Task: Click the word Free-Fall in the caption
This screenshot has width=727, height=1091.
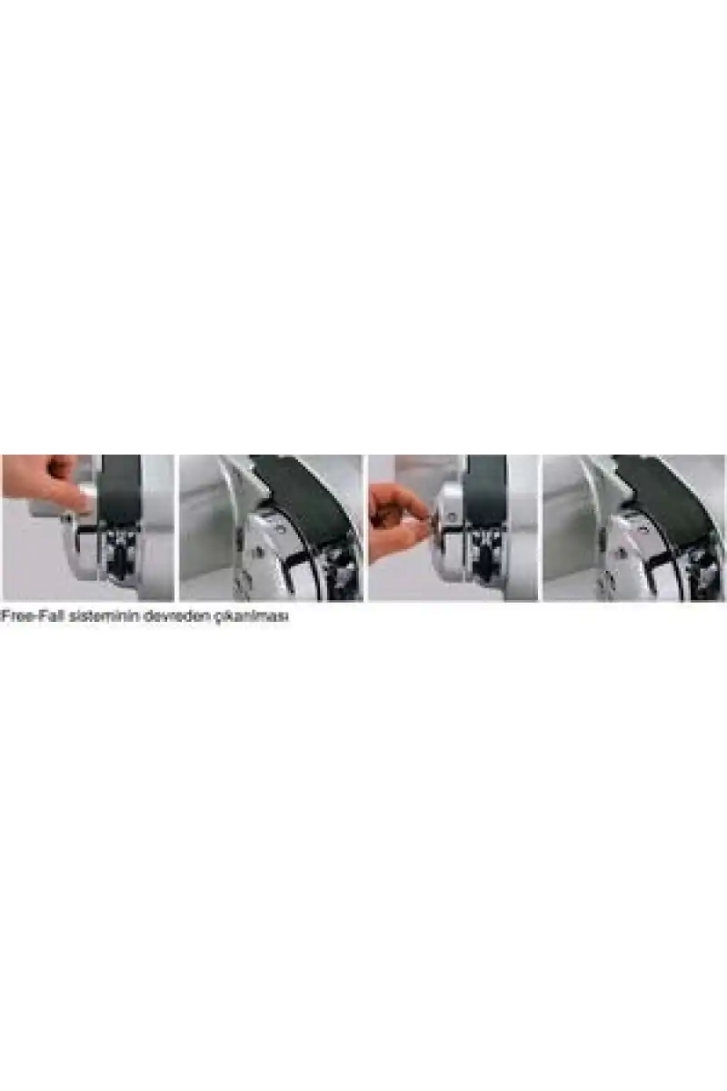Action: (x=33, y=616)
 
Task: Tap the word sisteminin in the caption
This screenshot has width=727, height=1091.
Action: (x=104, y=616)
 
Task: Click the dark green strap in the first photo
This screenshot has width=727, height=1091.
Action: (x=120, y=488)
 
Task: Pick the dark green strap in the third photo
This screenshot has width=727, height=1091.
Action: (x=484, y=488)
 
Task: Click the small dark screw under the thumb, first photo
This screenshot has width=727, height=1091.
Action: (x=69, y=518)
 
